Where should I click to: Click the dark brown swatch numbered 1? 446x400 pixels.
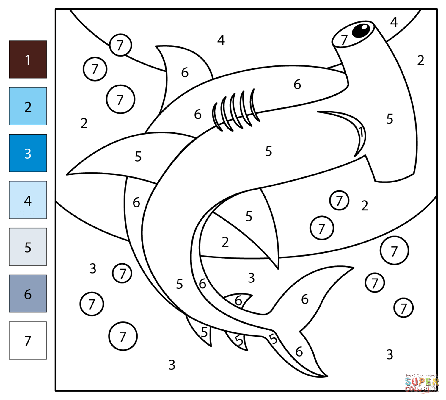point(28,60)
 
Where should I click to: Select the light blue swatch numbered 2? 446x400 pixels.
point(28,106)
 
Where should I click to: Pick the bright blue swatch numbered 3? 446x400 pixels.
point(28,153)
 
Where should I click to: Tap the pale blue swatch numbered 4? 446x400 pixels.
point(28,200)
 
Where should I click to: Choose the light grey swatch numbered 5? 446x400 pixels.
point(28,247)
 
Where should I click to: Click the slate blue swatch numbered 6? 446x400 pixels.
point(28,293)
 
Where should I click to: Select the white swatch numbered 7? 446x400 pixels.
point(28,340)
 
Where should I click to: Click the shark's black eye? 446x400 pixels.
point(361,30)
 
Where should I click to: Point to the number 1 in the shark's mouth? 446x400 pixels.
point(360,132)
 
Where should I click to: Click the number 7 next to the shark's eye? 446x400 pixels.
point(344,40)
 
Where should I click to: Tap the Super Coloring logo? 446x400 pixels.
point(422,383)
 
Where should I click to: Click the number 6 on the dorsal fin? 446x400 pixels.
point(185,73)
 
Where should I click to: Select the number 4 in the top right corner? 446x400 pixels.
point(394,22)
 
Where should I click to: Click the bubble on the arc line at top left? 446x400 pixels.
point(120,45)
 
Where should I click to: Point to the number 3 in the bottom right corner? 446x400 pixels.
point(390,354)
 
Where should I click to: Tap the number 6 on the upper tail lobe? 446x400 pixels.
point(305,299)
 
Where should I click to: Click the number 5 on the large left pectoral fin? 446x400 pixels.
point(138,157)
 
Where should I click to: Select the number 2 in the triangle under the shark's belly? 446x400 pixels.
point(225,242)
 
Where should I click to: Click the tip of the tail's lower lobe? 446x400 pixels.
point(326,376)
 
